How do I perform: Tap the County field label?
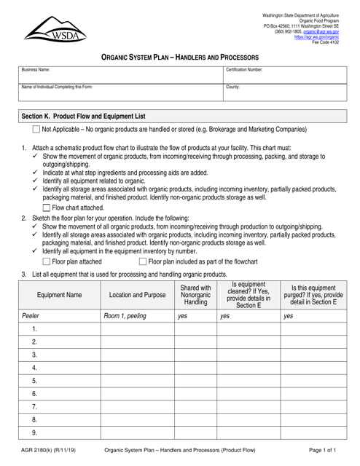[x=234, y=87]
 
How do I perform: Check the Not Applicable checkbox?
[x=36, y=130]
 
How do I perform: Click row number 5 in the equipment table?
[x=34, y=380]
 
